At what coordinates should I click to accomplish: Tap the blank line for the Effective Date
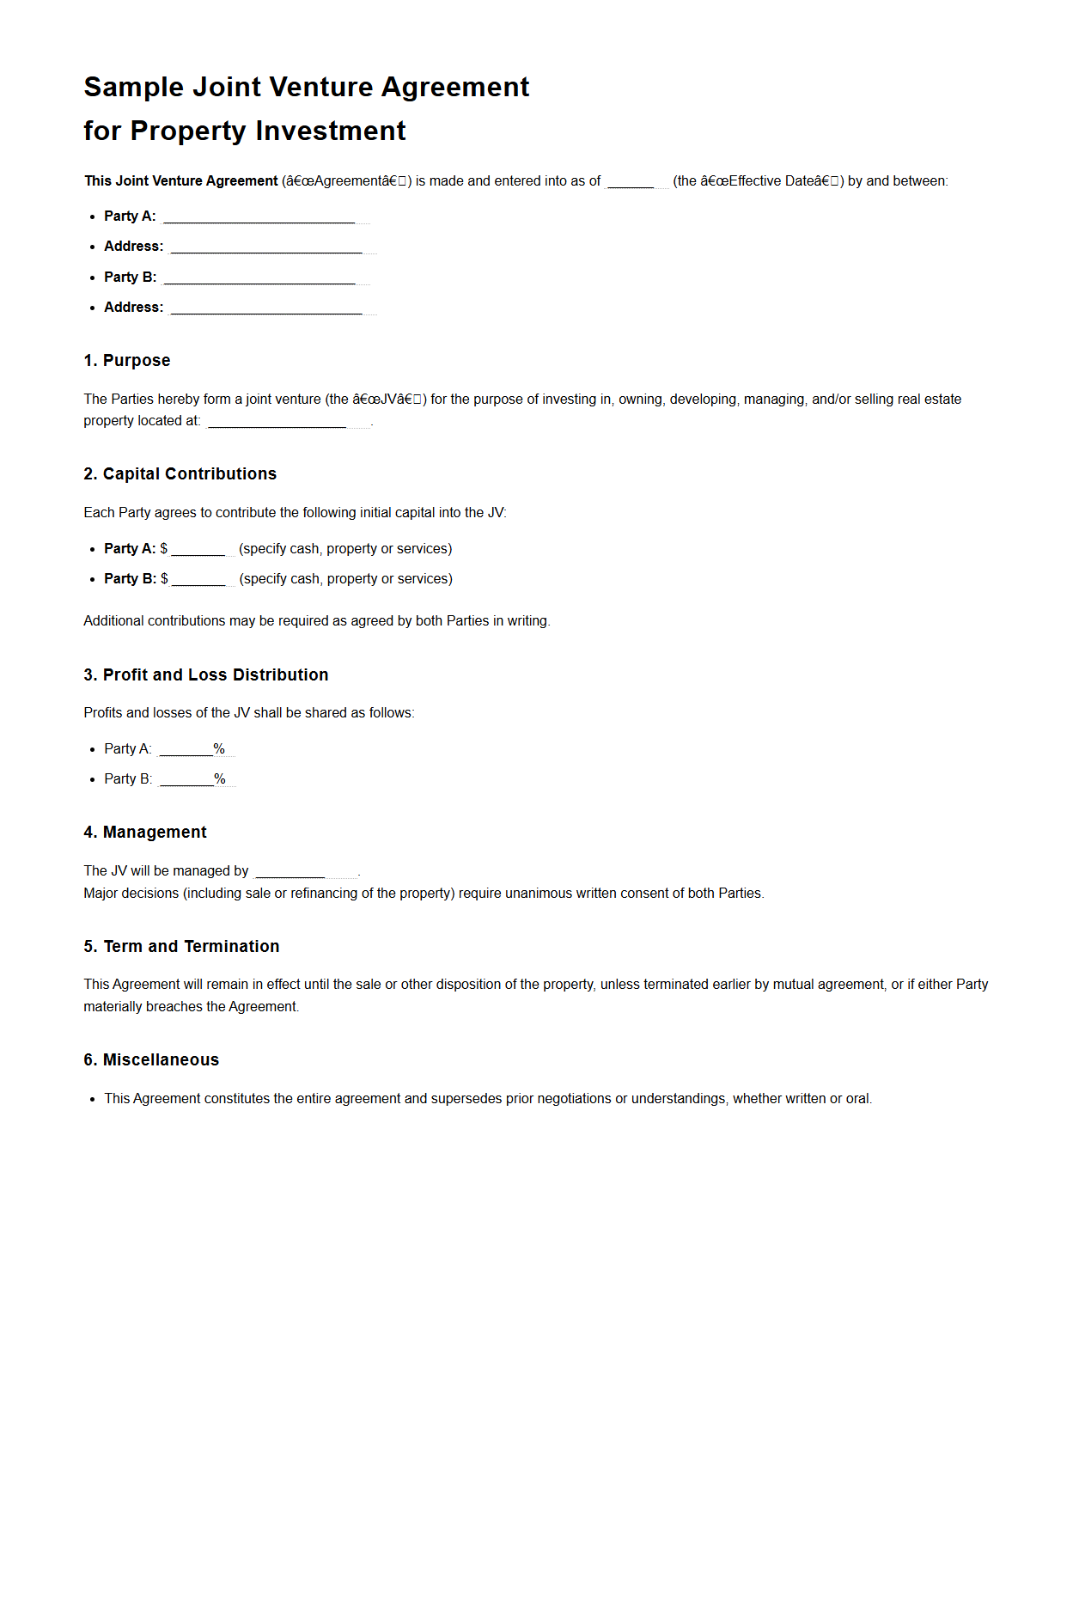click(x=631, y=182)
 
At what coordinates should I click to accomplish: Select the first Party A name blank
click(x=259, y=217)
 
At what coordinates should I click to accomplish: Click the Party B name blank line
click(x=259, y=278)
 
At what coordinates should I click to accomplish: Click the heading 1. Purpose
click(x=127, y=361)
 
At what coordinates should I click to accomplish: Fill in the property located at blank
click(x=277, y=422)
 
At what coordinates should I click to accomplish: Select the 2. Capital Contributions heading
click(x=180, y=474)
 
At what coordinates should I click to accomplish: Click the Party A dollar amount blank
click(x=198, y=550)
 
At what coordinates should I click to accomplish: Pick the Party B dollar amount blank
click(x=198, y=580)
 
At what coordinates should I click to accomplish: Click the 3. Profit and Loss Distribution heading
click(x=205, y=675)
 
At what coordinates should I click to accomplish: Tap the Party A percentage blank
click(x=186, y=750)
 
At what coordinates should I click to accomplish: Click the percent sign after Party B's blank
click(x=220, y=779)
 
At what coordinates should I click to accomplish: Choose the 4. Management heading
click(x=145, y=833)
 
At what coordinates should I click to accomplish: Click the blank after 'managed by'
click(x=290, y=872)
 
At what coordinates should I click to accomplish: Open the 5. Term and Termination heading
click(x=181, y=947)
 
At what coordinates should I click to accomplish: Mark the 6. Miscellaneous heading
click(x=151, y=1060)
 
